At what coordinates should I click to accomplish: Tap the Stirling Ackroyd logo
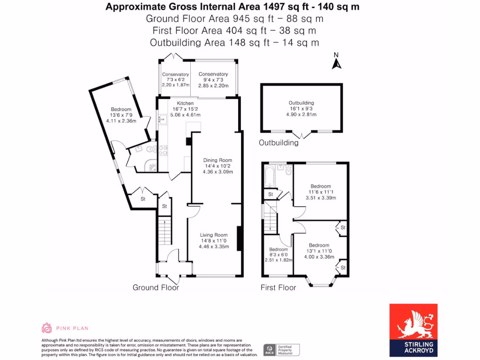[413, 330]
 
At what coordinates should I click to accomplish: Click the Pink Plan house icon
[47, 328]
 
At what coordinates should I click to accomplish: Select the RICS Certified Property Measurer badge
[281, 350]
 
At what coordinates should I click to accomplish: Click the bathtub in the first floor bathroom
[270, 177]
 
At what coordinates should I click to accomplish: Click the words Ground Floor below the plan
[156, 287]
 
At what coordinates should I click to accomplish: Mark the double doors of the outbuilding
[301, 135]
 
